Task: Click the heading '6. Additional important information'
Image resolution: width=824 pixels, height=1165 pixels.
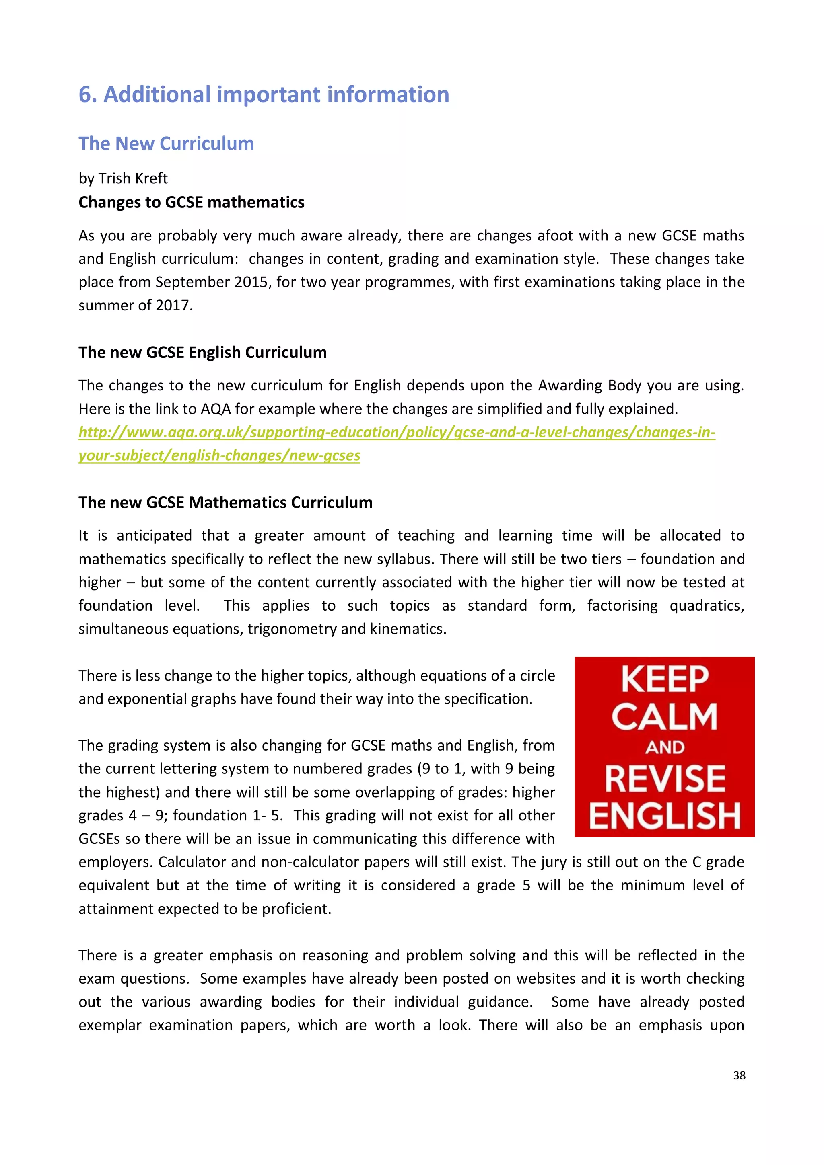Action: click(x=264, y=95)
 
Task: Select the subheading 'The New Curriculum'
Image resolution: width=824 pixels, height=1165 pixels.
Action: click(x=166, y=144)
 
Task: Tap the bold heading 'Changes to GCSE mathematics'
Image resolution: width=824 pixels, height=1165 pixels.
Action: click(x=192, y=203)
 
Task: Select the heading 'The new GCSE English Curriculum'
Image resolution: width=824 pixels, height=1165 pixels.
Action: click(x=202, y=352)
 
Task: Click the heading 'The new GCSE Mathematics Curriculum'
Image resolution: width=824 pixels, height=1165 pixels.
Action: click(x=225, y=503)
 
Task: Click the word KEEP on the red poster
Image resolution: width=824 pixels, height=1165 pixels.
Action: click(x=664, y=680)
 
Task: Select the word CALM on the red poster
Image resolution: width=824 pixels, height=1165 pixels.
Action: click(x=664, y=717)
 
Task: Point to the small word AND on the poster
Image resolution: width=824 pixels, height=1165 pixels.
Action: click(x=665, y=747)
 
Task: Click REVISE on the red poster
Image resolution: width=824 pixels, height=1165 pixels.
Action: click(x=665, y=779)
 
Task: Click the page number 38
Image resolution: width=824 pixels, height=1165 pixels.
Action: click(x=739, y=1075)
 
